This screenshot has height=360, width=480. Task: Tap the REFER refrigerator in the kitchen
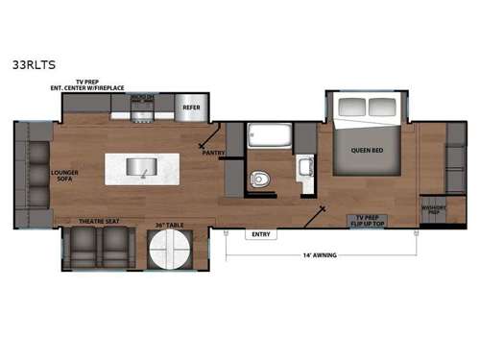[x=192, y=108]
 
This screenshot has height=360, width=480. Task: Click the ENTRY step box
[x=260, y=233]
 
